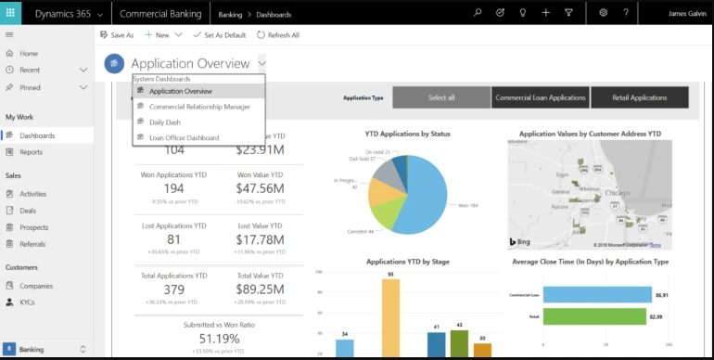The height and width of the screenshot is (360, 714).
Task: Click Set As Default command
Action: tap(219, 34)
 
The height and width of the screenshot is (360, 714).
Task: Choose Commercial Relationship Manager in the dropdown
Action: tap(199, 107)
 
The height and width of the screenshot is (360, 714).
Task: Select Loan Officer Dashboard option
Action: tap(184, 137)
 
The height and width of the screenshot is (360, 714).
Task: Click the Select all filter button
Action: tap(441, 97)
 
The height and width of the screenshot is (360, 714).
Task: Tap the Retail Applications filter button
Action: tap(640, 97)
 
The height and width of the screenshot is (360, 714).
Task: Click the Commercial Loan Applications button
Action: tap(541, 97)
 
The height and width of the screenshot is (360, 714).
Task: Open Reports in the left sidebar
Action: tap(31, 152)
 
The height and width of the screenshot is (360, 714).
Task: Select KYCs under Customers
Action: tap(28, 302)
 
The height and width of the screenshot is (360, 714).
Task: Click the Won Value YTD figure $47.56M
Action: tap(260, 188)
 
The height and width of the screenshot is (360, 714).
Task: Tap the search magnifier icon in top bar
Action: tap(478, 13)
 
